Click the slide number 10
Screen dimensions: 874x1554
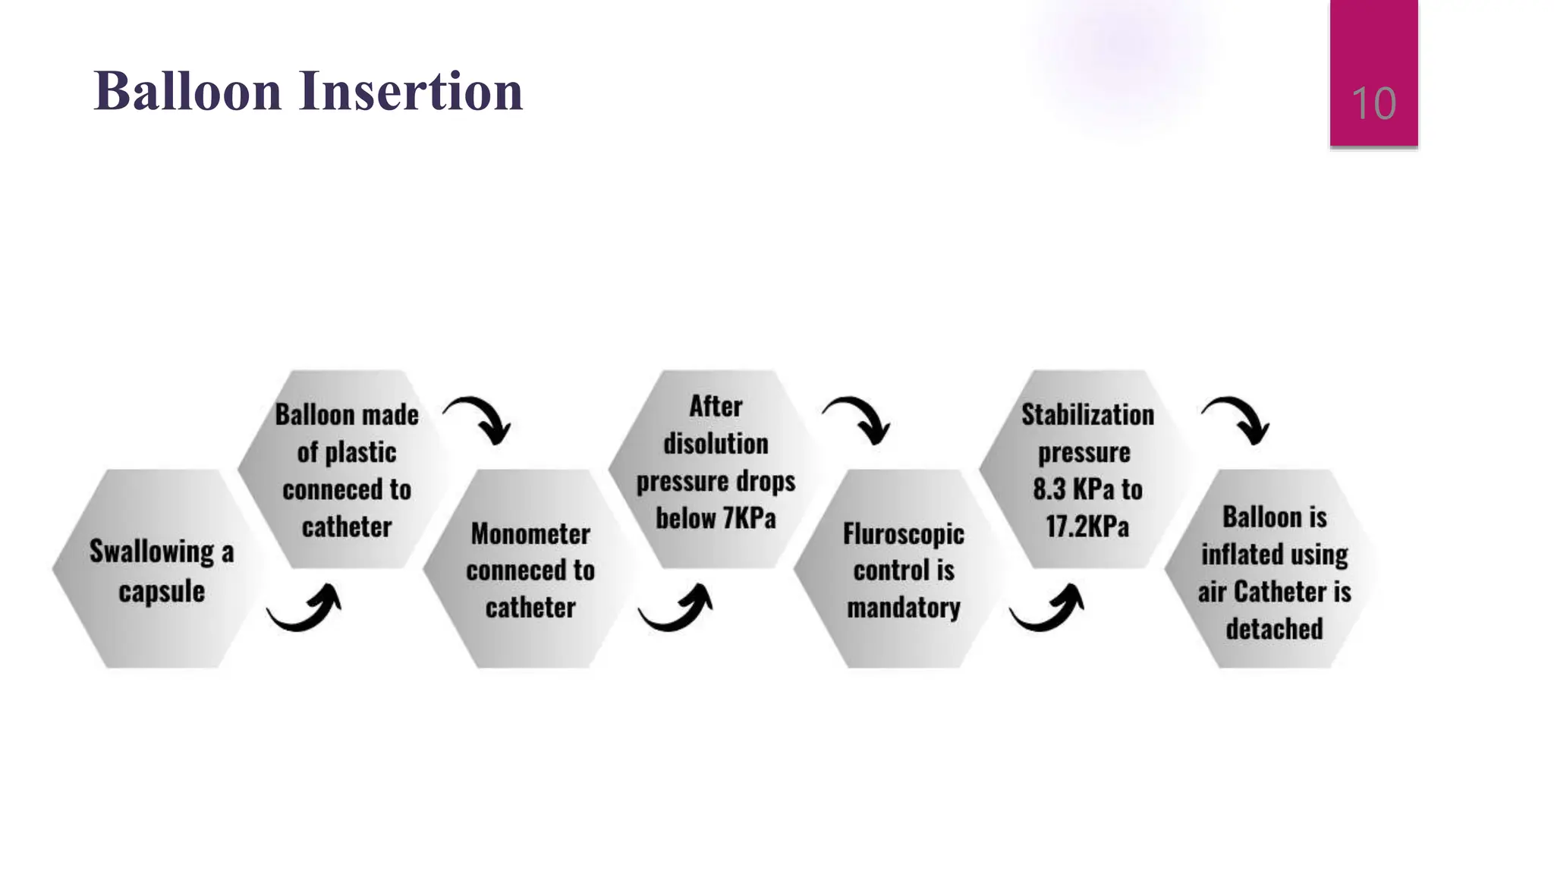[x=1373, y=103]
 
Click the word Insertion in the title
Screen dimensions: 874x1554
[x=411, y=91]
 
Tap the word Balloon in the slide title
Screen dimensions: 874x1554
[x=187, y=91]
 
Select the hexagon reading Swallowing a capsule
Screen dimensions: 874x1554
[x=161, y=569]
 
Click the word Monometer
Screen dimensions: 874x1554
[x=530, y=533]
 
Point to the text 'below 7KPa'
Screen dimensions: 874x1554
[x=716, y=518]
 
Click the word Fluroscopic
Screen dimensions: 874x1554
[x=903, y=533]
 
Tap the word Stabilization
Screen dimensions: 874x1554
[x=1087, y=414]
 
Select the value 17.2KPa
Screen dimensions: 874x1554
[x=1087, y=526]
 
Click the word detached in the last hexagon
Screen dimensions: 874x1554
[x=1274, y=629]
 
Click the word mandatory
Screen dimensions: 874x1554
[x=903, y=608]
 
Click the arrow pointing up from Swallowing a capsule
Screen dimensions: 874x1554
[x=305, y=608]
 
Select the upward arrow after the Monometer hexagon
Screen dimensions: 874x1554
[x=676, y=608]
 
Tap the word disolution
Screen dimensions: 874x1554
[x=716, y=444]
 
